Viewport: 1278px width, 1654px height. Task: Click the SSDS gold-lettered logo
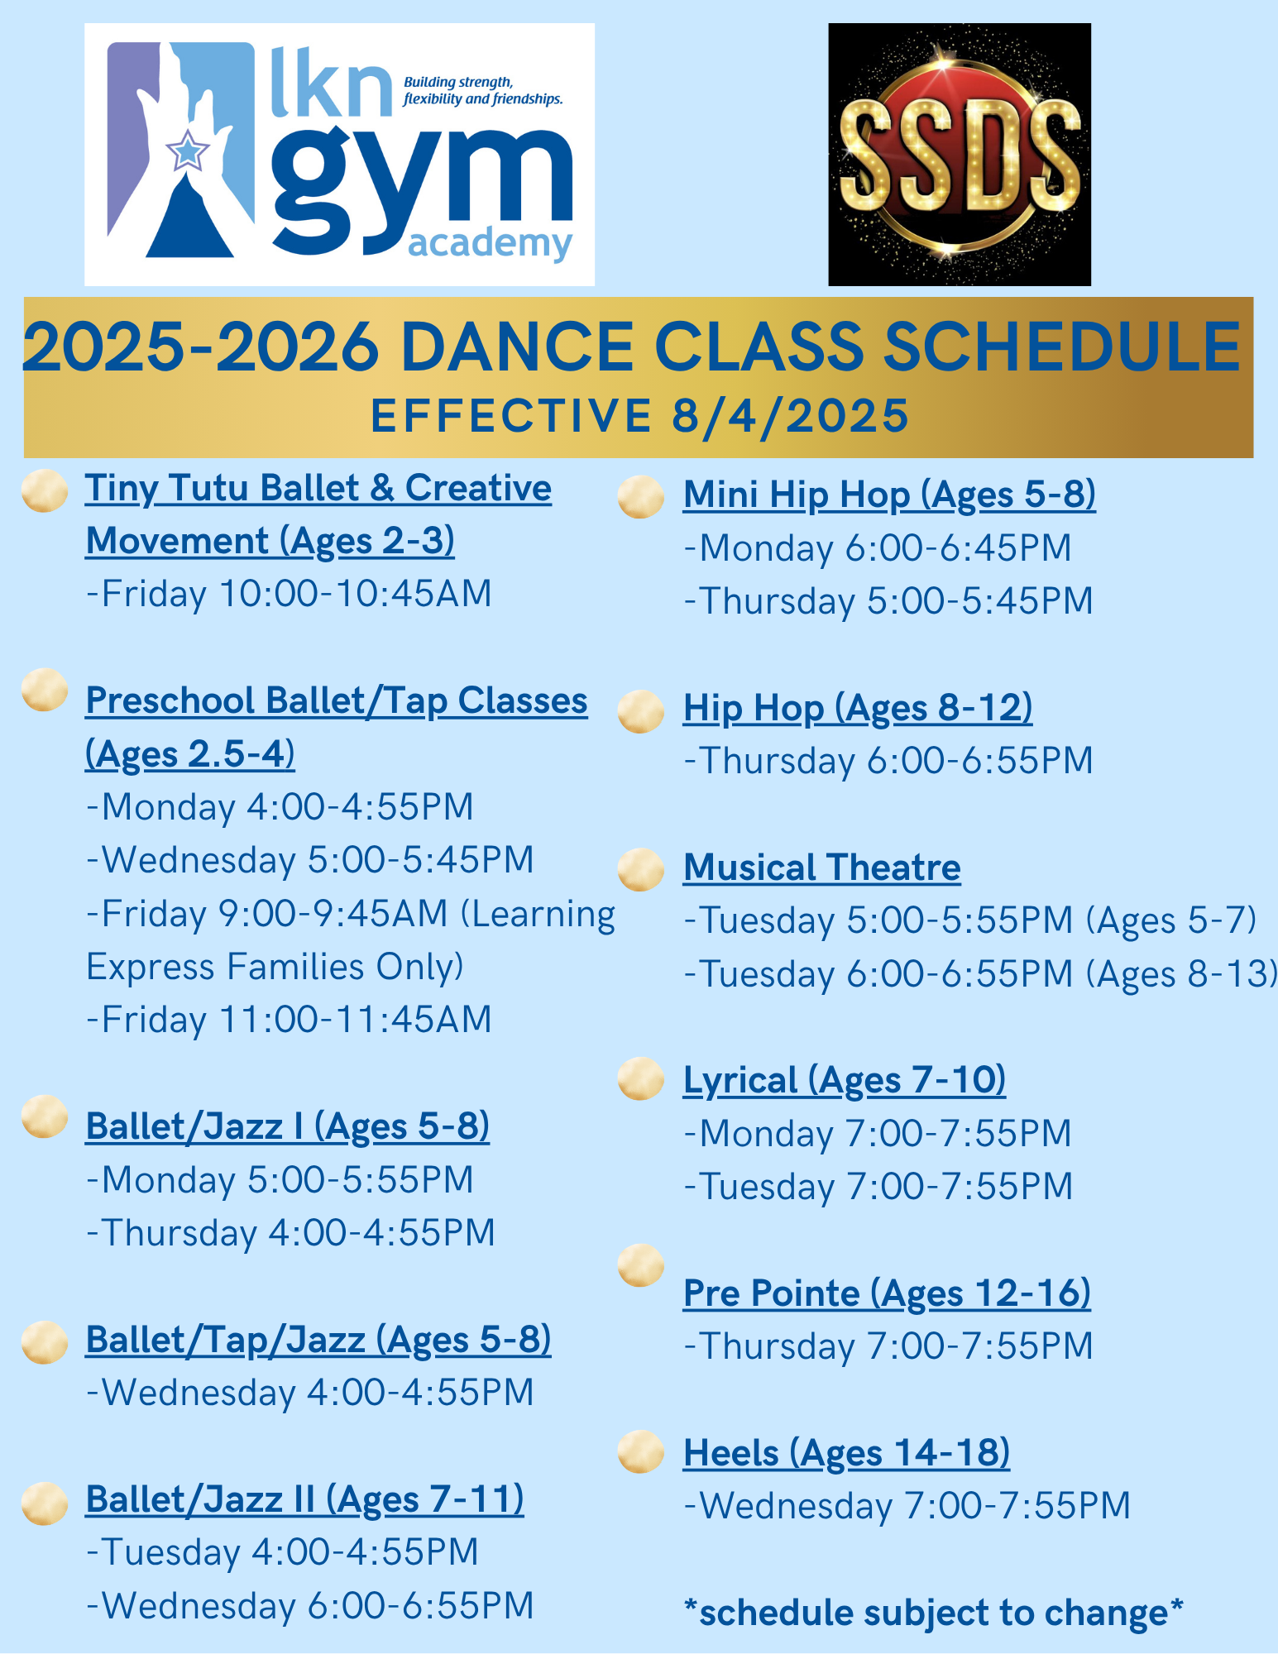click(960, 155)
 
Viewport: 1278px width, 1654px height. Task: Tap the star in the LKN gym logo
click(188, 151)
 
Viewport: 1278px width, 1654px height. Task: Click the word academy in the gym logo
click(490, 245)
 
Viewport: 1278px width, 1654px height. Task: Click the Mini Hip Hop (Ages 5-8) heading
click(889, 495)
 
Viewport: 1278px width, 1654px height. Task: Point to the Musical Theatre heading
click(821, 868)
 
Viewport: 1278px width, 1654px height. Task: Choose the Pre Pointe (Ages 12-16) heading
click(887, 1293)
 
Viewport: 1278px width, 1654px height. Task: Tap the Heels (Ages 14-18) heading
click(846, 1453)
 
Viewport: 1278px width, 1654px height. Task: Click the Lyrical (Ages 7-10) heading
click(845, 1081)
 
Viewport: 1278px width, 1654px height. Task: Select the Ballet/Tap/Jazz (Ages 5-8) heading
click(318, 1341)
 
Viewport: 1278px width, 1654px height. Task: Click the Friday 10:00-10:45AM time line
click(289, 594)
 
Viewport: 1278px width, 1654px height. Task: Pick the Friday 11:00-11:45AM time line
click(289, 1020)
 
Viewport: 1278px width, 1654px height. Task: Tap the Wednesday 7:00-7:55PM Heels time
click(907, 1505)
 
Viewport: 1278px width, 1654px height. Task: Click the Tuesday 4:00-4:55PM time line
click(282, 1552)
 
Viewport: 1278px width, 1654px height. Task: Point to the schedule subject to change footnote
click(934, 1613)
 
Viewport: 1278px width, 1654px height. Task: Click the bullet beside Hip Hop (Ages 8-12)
click(641, 711)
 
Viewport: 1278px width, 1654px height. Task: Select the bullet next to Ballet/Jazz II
click(45, 1503)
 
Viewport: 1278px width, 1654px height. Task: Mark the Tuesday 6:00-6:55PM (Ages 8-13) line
click(980, 974)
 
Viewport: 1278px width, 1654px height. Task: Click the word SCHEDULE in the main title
click(1062, 347)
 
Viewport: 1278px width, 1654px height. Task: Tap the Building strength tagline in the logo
click(483, 91)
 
